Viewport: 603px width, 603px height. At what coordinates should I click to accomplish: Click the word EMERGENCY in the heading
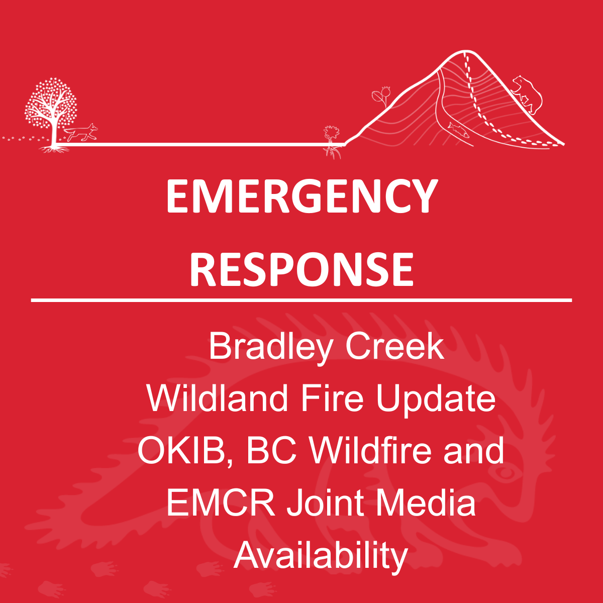(x=301, y=196)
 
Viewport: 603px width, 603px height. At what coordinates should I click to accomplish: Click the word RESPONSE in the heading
(x=301, y=269)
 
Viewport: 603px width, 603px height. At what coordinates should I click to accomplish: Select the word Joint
(x=326, y=503)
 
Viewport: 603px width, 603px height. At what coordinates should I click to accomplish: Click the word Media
(x=426, y=503)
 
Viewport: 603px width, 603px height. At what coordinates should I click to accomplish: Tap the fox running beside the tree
(x=82, y=132)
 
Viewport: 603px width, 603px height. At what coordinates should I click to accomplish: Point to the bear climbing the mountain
(x=527, y=94)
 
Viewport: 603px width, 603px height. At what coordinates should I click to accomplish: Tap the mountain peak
(x=466, y=51)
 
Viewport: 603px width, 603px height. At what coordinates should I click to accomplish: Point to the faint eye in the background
(x=506, y=473)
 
